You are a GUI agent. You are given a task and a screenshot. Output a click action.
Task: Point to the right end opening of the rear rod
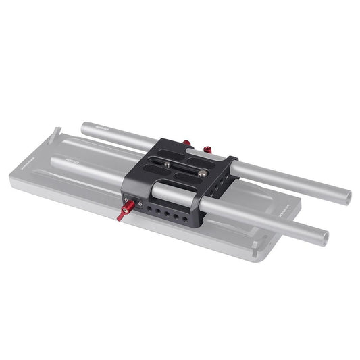pyautogui.click(x=347, y=197)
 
